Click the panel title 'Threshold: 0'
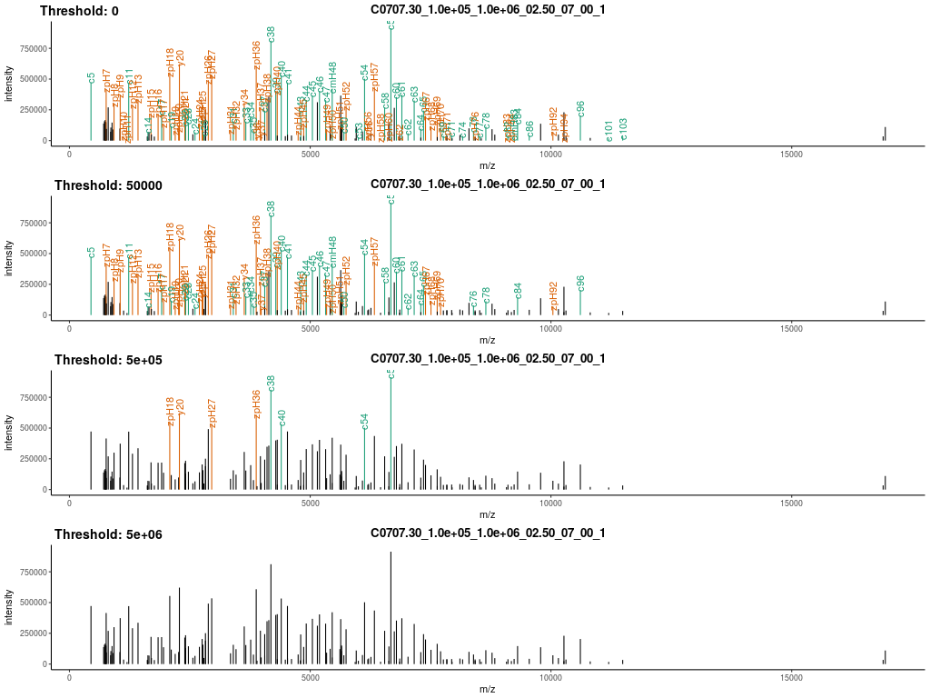pyautogui.click(x=79, y=11)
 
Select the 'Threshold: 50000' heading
pyautogui.click(x=108, y=185)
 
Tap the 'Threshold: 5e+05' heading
pyautogui.click(x=108, y=360)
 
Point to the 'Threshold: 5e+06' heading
pyautogui.click(x=108, y=534)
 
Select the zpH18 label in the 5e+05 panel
pyautogui.click(x=170, y=411)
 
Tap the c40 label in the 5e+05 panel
pyautogui.click(x=282, y=417)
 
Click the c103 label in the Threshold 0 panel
pyautogui.click(x=623, y=129)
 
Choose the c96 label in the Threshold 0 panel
pyautogui.click(x=581, y=108)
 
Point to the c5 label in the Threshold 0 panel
pyautogui.click(x=92, y=78)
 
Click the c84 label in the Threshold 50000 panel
pyautogui.click(x=519, y=290)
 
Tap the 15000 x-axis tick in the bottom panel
pyautogui.click(x=791, y=680)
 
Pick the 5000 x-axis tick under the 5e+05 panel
pyautogui.click(x=311, y=505)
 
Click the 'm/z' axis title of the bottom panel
pyautogui.click(x=488, y=690)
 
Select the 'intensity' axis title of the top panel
pyautogui.click(x=10, y=82)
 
